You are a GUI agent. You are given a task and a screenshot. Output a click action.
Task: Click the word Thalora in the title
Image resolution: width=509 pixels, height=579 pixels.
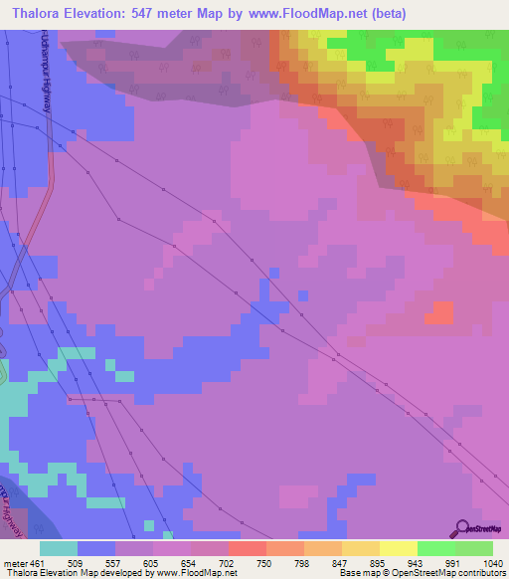[x=41, y=14]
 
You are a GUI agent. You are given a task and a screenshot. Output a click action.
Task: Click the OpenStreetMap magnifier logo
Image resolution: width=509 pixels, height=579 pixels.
[x=462, y=528]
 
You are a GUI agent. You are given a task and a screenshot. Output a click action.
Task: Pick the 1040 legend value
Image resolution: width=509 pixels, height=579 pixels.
[x=492, y=563]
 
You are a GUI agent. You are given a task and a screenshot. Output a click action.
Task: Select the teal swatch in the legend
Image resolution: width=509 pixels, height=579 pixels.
[x=59, y=548]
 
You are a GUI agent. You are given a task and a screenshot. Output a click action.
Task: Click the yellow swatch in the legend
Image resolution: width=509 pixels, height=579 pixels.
[x=399, y=548]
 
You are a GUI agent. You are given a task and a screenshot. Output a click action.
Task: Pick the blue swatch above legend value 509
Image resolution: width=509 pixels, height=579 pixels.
[x=96, y=548]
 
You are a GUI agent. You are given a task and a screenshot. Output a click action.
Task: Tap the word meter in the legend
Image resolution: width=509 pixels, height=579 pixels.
[x=14, y=563]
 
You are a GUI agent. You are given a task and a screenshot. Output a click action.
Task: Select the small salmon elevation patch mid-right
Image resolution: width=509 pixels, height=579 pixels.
[x=438, y=312]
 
